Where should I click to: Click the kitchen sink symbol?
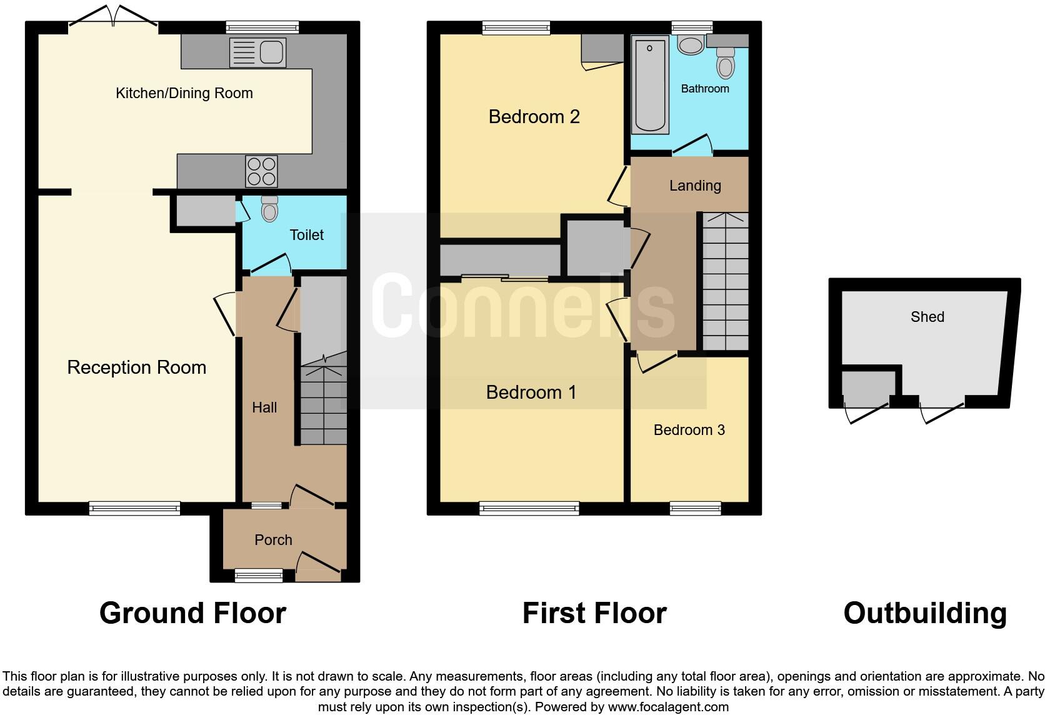257,52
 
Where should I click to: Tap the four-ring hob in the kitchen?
261,171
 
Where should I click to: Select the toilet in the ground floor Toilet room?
269,209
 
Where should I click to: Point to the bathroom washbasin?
690,45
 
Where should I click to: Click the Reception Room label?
136,367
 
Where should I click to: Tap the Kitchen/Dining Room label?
184,94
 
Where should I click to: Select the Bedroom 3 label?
689,430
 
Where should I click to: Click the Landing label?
695,186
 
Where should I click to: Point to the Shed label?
927,317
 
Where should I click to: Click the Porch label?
273,540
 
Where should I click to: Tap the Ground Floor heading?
192,613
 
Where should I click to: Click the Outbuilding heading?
924,613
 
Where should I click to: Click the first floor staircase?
725,281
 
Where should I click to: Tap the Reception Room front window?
134,508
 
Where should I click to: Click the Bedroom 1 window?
529,508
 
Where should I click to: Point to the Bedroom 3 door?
656,363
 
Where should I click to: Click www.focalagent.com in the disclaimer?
667,707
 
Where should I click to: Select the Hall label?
264,408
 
